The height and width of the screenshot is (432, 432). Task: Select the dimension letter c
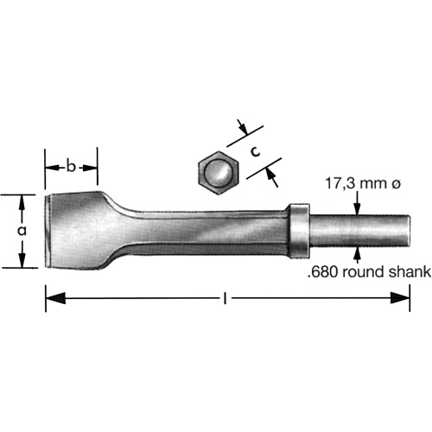pyautogui.click(x=256, y=150)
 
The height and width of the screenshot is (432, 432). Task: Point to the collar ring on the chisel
pyautogui.click(x=298, y=230)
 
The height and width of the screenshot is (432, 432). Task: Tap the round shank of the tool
pyautogui.click(x=359, y=230)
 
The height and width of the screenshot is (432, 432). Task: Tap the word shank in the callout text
pyautogui.click(x=410, y=273)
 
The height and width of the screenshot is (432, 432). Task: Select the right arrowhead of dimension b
pyautogui.click(x=92, y=164)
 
